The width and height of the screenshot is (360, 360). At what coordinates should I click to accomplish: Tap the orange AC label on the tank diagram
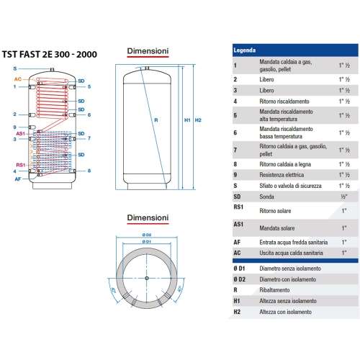(x=17, y=78)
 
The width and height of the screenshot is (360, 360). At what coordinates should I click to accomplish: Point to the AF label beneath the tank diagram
(x=17, y=179)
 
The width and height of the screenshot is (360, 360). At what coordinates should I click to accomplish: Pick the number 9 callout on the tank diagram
(x=15, y=127)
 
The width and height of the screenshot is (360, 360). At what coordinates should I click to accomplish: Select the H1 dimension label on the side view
(x=187, y=120)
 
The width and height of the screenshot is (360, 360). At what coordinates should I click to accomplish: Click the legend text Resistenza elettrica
(x=281, y=174)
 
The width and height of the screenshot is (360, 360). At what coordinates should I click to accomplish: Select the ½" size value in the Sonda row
(x=345, y=196)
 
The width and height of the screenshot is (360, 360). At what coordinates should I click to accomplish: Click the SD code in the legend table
(x=237, y=196)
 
